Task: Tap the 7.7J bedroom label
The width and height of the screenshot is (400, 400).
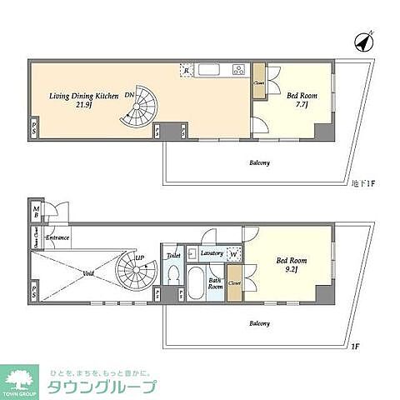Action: tap(297, 101)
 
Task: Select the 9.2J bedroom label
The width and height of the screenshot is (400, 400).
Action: tap(292, 266)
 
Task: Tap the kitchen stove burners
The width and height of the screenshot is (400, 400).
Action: tap(239, 70)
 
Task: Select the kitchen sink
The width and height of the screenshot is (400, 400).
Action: tap(208, 69)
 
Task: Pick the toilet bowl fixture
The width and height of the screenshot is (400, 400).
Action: tap(173, 273)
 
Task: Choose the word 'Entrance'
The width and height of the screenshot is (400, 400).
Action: tap(57, 238)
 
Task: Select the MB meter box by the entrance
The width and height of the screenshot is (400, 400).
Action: tap(36, 212)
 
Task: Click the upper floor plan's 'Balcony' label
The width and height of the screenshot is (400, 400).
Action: tap(259, 162)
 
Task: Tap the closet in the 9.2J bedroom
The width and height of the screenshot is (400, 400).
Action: tap(235, 282)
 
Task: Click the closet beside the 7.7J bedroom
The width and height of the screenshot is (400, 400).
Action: tap(259, 81)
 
